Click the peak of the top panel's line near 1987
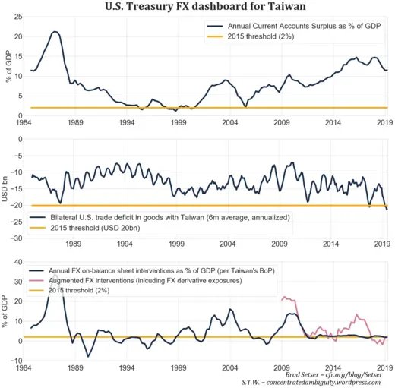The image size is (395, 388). point(55,32)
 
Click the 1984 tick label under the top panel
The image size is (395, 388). point(24,121)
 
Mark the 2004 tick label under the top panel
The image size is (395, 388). point(230,121)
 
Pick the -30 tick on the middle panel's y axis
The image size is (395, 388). point(14,238)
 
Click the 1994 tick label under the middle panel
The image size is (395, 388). point(126,244)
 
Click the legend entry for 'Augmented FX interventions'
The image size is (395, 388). point(155,281)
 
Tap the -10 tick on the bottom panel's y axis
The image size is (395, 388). point(14,360)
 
